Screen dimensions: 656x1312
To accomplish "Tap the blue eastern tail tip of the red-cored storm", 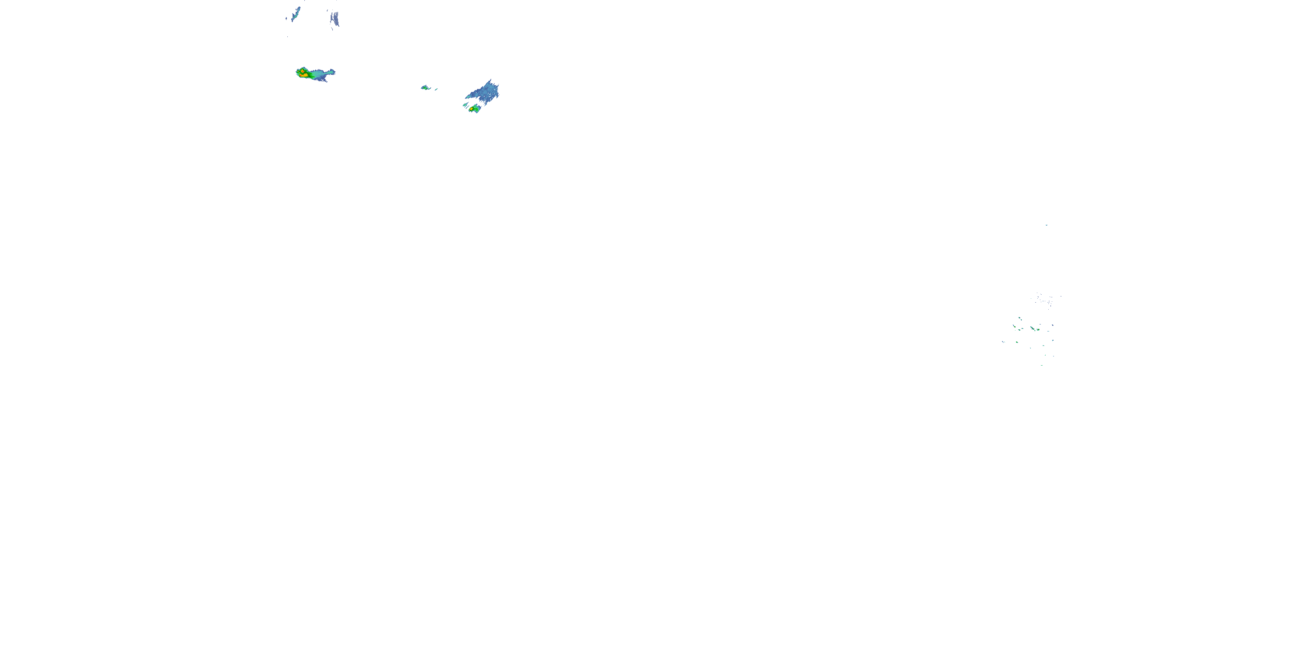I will [x=333, y=71].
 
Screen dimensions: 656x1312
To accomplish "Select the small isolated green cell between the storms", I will [x=424, y=87].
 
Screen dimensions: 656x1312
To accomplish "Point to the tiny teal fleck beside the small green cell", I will [x=436, y=89].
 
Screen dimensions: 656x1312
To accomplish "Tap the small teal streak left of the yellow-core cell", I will [x=464, y=105].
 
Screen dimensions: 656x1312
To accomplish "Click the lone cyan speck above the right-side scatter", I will [x=1046, y=225].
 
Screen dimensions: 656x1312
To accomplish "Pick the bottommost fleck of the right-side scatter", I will [x=1042, y=365].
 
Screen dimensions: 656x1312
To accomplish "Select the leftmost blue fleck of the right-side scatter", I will [x=1003, y=342].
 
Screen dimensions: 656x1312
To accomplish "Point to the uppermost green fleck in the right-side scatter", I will [x=1020, y=318].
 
